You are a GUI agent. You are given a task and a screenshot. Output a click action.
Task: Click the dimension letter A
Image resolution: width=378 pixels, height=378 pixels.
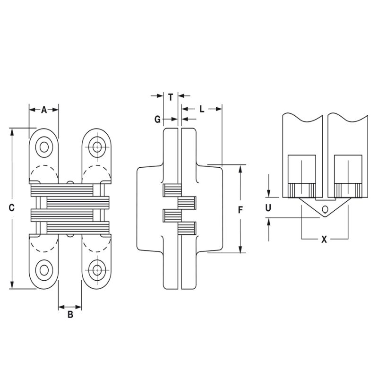point(44,110)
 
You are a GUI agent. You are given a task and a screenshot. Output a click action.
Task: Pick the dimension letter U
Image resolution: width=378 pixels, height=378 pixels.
point(268,207)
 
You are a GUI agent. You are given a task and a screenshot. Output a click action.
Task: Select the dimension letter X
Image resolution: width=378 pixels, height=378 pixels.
point(324,239)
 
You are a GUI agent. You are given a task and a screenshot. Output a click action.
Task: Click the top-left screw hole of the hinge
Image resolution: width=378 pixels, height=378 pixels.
point(44,147)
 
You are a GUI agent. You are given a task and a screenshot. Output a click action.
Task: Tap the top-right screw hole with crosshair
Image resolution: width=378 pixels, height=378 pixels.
point(98,147)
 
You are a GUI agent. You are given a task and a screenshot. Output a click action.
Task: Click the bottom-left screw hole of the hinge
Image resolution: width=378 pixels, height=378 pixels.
point(44,270)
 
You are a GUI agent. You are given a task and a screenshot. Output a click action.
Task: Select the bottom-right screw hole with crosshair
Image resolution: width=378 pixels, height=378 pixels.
point(98,270)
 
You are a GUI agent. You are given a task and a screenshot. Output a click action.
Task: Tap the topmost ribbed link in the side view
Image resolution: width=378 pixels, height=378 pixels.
point(171,190)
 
